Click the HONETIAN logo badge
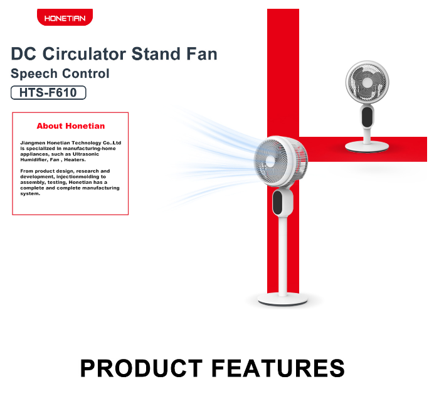tap(65, 17)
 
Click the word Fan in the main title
tap(202, 54)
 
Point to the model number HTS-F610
tap(48, 92)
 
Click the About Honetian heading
tap(71, 126)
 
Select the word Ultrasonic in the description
tap(85, 154)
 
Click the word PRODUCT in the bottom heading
tap(141, 368)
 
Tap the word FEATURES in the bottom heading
tap(278, 368)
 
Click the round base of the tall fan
tap(283, 299)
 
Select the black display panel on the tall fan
tap(277, 203)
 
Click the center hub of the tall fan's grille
tap(270, 161)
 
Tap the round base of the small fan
tap(367, 146)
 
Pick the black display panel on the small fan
tap(367, 117)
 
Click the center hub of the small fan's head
tap(368, 83)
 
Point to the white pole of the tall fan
tap(283, 256)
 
